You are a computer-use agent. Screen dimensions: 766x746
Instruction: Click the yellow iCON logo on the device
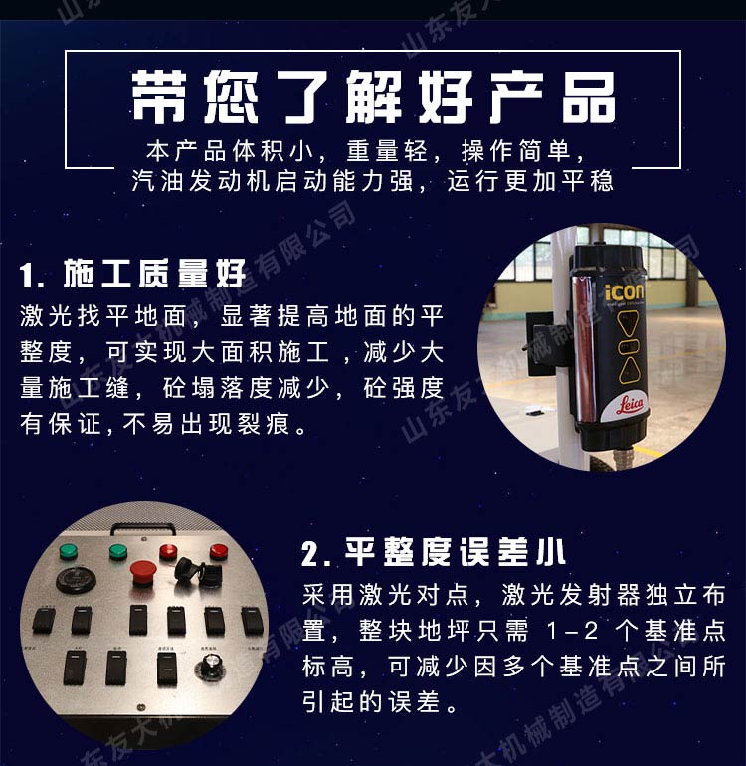tap(624, 292)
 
